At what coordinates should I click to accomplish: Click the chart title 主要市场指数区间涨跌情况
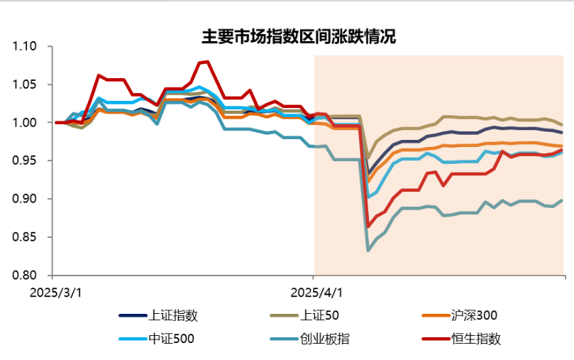[299, 37]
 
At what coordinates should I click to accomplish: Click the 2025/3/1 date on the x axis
[56, 291]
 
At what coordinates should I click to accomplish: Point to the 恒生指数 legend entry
[475, 339]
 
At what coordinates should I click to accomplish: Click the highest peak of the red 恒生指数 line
[206, 62]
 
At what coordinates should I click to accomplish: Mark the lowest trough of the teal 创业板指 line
[368, 250]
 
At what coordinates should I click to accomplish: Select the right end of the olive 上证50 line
[563, 124]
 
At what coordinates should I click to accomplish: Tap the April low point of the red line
[368, 227]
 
